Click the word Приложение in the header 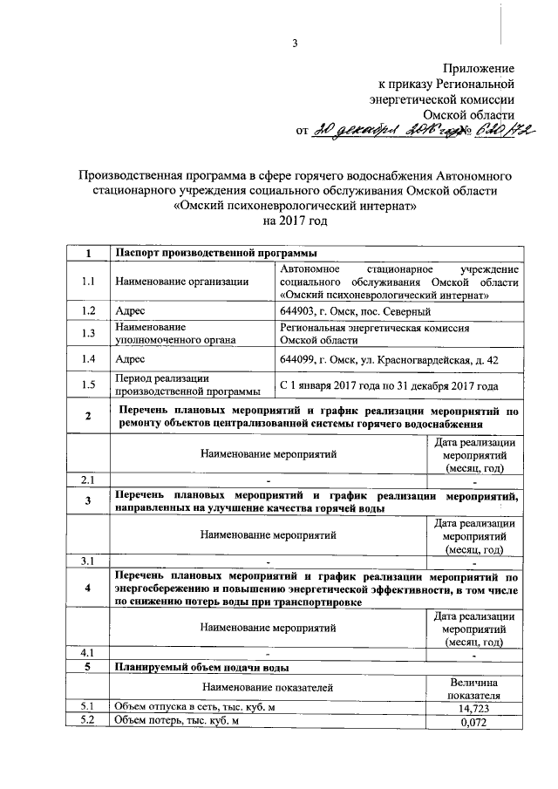[x=479, y=68]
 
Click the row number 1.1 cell [x=87, y=282]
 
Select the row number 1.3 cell [x=87, y=335]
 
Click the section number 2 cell [x=87, y=416]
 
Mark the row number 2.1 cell [x=87, y=480]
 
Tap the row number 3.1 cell [x=87, y=560]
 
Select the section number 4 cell [x=87, y=588]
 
